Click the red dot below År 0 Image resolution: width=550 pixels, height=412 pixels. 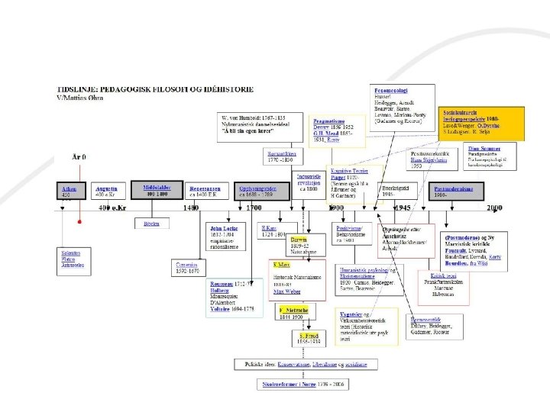point(79,221)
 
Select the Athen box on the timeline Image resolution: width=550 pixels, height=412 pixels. point(70,191)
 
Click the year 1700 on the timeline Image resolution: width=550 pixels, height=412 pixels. point(254,208)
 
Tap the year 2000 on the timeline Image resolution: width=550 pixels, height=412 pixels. point(494,208)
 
